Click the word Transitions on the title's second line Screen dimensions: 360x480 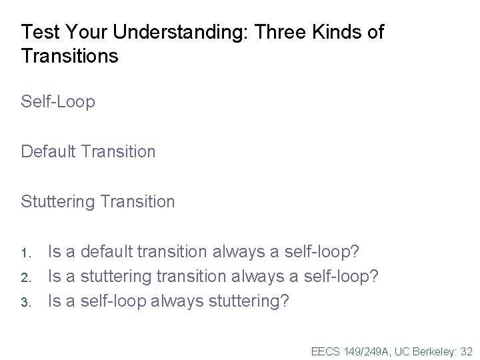coord(70,56)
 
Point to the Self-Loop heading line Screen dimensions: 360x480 coord(58,102)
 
